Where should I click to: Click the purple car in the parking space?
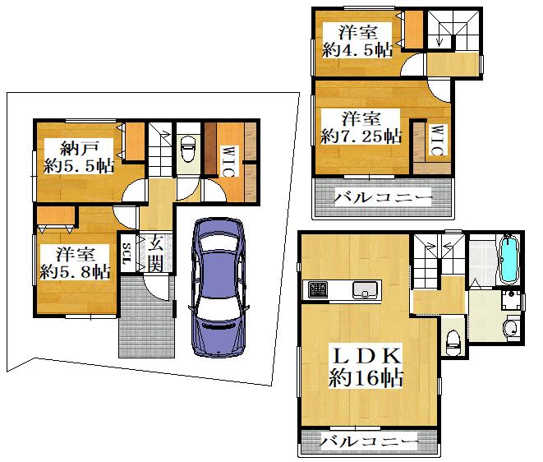pos(219,288)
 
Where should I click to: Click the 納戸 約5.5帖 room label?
pos(79,157)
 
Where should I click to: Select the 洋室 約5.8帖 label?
pos(75,262)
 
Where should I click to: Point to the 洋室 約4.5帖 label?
pos(357,41)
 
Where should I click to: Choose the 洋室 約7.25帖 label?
pos(361,127)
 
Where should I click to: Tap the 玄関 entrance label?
pos(155,254)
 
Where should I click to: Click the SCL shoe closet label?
pos(127,252)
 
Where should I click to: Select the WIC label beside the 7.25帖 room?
pos(437,140)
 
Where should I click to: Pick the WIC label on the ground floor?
pos(228,162)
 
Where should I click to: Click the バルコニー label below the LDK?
pos(369,441)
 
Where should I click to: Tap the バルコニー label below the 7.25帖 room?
pos(384,197)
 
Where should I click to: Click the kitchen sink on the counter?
pos(365,290)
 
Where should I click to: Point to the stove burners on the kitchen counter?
pos(318,290)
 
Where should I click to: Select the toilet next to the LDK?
pos(453,343)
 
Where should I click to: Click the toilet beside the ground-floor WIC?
pos(188,149)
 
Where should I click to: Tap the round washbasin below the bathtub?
pos(512,328)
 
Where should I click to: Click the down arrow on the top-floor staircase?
pos(439,39)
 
